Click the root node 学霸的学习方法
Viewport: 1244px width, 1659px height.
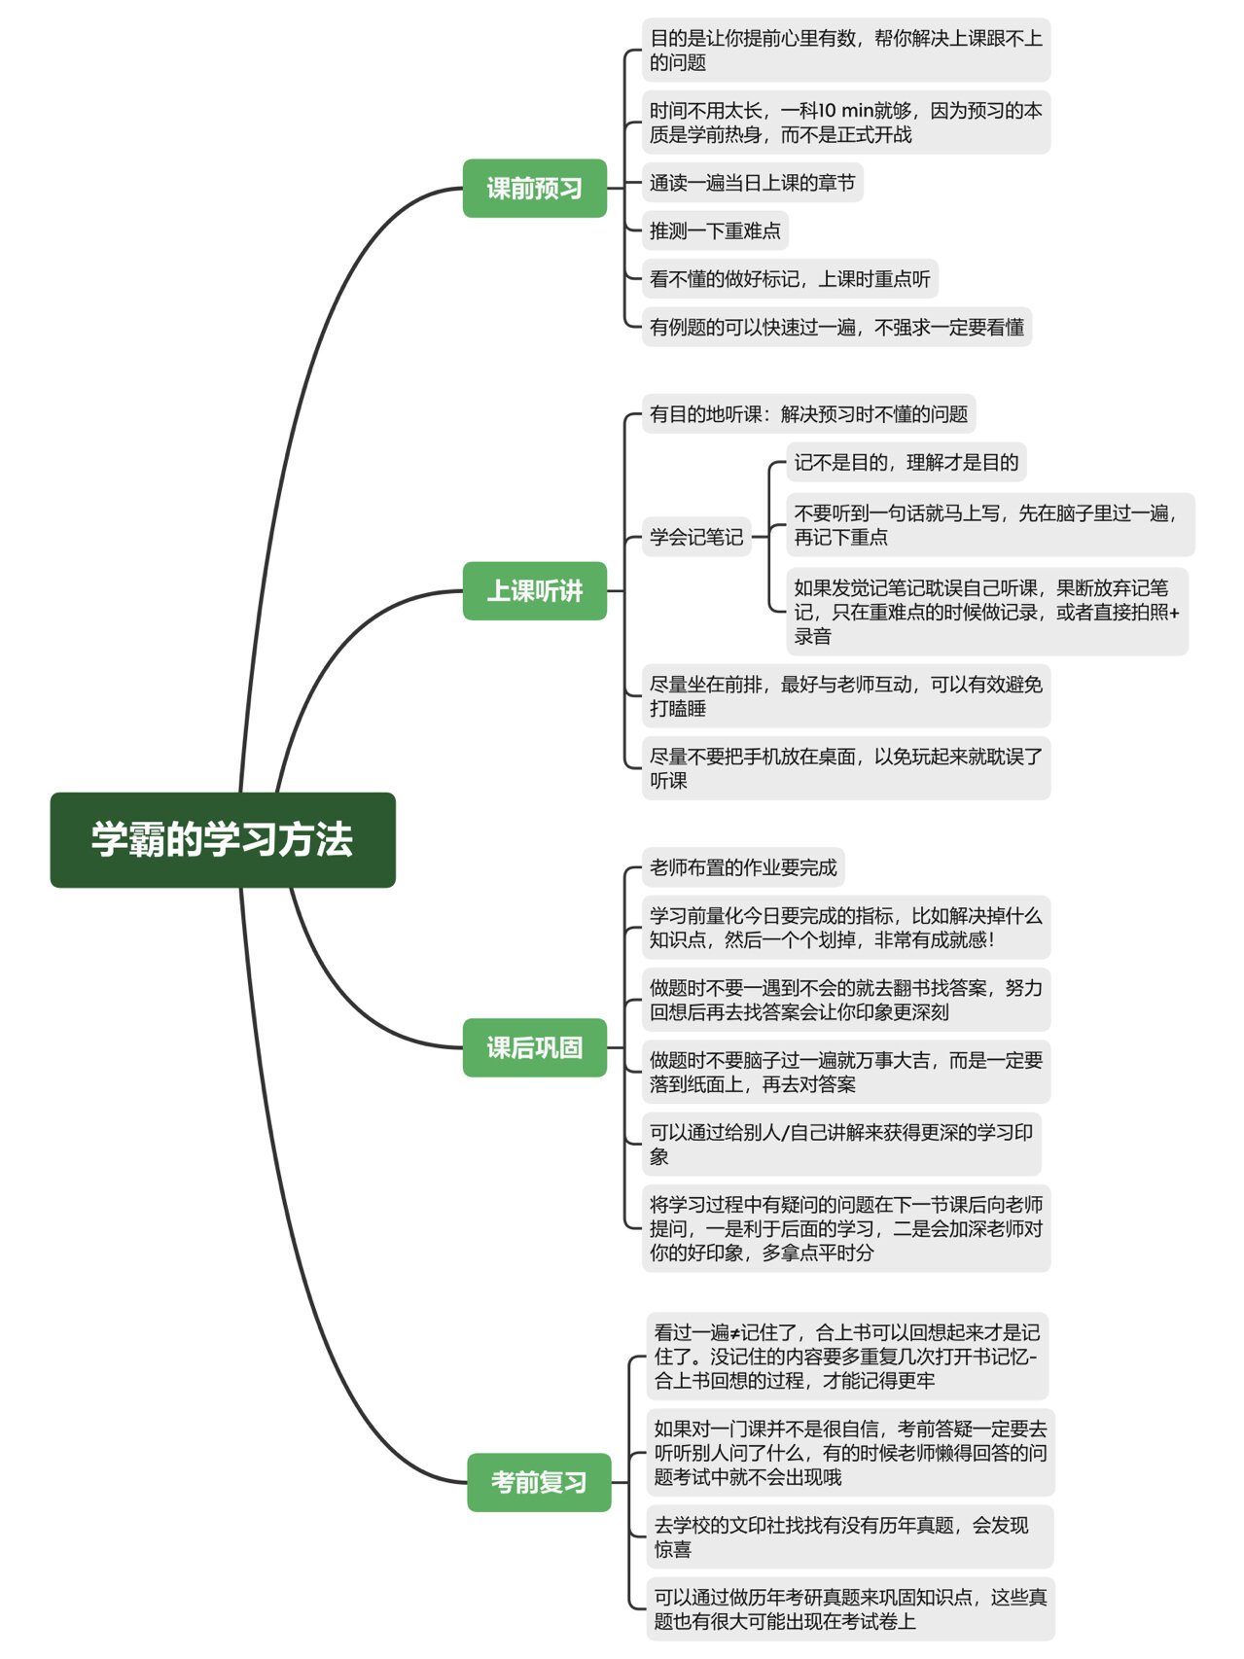pyautogui.click(x=223, y=839)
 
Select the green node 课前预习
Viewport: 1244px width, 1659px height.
pyautogui.click(x=534, y=188)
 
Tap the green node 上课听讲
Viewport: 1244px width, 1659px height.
pyautogui.click(x=534, y=590)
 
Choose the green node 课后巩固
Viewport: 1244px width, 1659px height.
pyautogui.click(x=534, y=1047)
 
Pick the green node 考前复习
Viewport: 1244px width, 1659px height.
pyautogui.click(x=539, y=1482)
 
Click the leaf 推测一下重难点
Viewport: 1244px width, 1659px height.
pyautogui.click(x=715, y=230)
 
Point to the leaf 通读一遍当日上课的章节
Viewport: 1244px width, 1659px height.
pyautogui.click(x=752, y=183)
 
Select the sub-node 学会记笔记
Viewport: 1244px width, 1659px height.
pyautogui.click(x=696, y=537)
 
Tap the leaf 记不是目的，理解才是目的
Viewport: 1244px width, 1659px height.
pyautogui.click(x=906, y=463)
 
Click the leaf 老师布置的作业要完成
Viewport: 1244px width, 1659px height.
pyautogui.click(x=743, y=867)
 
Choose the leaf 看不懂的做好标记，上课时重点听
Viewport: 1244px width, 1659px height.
pyautogui.click(x=790, y=279)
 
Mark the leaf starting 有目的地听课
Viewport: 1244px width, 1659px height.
pyautogui.click(x=808, y=414)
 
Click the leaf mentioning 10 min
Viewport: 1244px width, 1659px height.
pyautogui.click(x=845, y=123)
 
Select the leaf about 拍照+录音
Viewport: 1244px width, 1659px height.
pyautogui.click(x=986, y=612)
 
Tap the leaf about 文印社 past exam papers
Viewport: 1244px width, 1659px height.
pyautogui.click(x=849, y=1536)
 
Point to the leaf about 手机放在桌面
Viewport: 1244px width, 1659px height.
pyautogui.click(x=845, y=768)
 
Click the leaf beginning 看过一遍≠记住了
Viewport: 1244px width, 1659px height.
pyautogui.click(x=849, y=1357)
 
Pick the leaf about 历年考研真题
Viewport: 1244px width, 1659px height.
pyautogui.click(x=849, y=1608)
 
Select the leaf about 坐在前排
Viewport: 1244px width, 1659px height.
pyautogui.click(x=845, y=696)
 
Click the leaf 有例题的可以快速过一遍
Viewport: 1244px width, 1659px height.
pyautogui.click(x=836, y=328)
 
